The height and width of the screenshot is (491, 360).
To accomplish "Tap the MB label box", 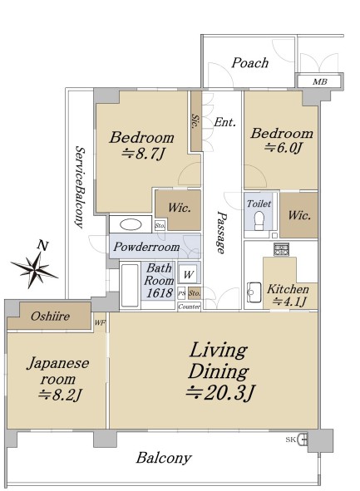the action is point(319,81).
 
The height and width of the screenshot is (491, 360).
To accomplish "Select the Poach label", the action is point(249,62).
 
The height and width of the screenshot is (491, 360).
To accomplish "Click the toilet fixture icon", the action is point(259,220).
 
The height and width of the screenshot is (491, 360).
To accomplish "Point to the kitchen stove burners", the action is point(280,249).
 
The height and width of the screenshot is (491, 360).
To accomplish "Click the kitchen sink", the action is point(254,292).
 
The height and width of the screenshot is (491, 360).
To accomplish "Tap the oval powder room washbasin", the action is point(131,224).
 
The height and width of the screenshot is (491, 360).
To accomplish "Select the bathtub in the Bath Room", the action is point(130,286).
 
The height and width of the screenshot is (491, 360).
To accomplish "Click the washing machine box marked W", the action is point(189,274).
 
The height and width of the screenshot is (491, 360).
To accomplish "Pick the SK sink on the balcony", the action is point(303,439).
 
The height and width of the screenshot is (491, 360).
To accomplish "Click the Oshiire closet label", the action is point(50,316).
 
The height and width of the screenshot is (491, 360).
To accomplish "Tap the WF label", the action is point(100,322).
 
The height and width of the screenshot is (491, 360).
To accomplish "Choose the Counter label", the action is point(189,307).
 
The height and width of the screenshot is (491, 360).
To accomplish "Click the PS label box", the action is point(182,293).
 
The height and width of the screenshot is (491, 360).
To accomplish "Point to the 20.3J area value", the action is point(220,393).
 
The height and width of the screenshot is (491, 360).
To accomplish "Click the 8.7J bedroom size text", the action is point(143,154).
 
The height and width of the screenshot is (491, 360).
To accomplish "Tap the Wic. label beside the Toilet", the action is point(299,215).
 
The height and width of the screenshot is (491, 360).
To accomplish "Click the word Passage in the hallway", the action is point(221,232).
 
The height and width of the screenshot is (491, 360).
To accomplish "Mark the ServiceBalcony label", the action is point(80,187).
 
